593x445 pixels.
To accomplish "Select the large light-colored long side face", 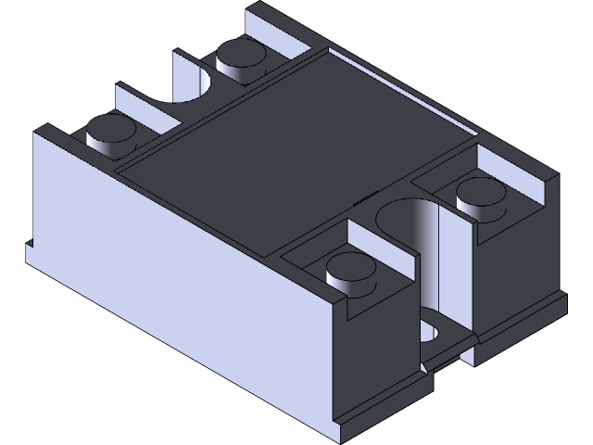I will (x=176, y=278).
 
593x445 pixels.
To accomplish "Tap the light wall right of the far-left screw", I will (x=148, y=116).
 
